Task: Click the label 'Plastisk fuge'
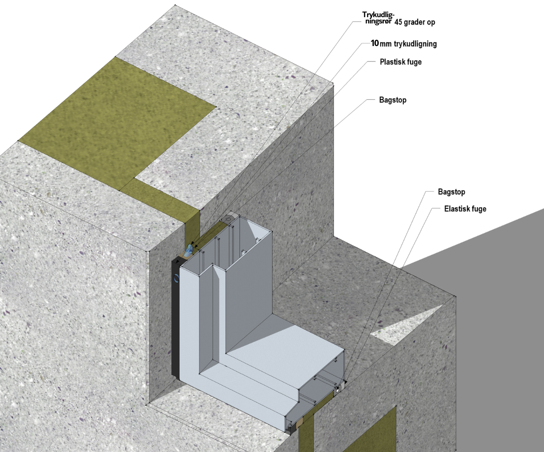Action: [x=400, y=62]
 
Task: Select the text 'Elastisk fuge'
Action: [x=465, y=209]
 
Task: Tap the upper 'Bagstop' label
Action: [x=393, y=100]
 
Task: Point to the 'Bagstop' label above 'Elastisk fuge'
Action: [x=451, y=192]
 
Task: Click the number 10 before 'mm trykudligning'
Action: [x=375, y=43]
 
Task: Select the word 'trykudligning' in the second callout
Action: [x=415, y=44]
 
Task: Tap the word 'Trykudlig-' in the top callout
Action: [x=378, y=15]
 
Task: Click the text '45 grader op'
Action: [x=415, y=22]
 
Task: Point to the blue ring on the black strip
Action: [x=177, y=278]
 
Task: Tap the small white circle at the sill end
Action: [x=338, y=390]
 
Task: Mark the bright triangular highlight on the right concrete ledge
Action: [x=407, y=327]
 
